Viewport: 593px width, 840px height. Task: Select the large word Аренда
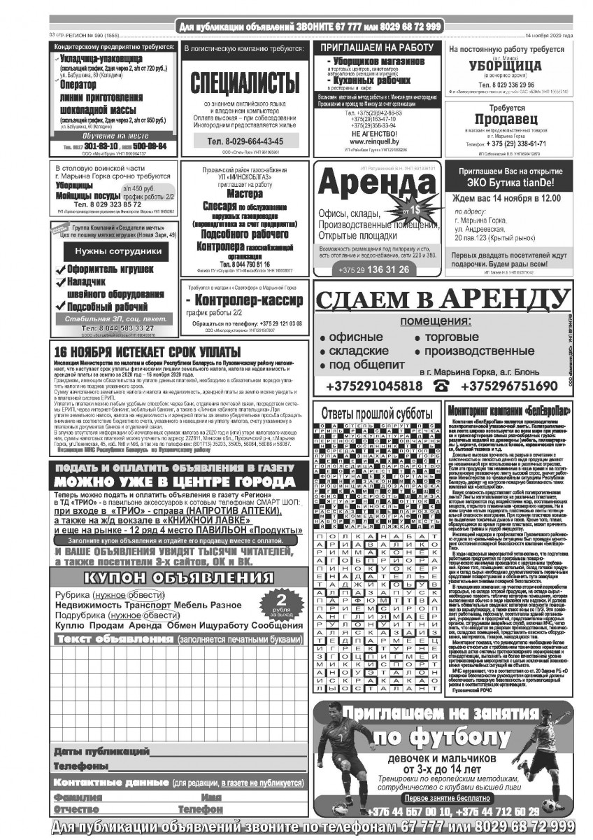click(376, 185)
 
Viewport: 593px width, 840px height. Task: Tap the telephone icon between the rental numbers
click(441, 386)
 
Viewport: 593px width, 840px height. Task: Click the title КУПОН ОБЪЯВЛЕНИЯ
click(177, 577)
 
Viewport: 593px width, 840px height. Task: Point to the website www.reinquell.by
click(376, 141)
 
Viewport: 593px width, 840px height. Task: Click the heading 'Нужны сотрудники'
click(113, 251)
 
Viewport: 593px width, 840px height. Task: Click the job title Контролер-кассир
click(244, 300)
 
